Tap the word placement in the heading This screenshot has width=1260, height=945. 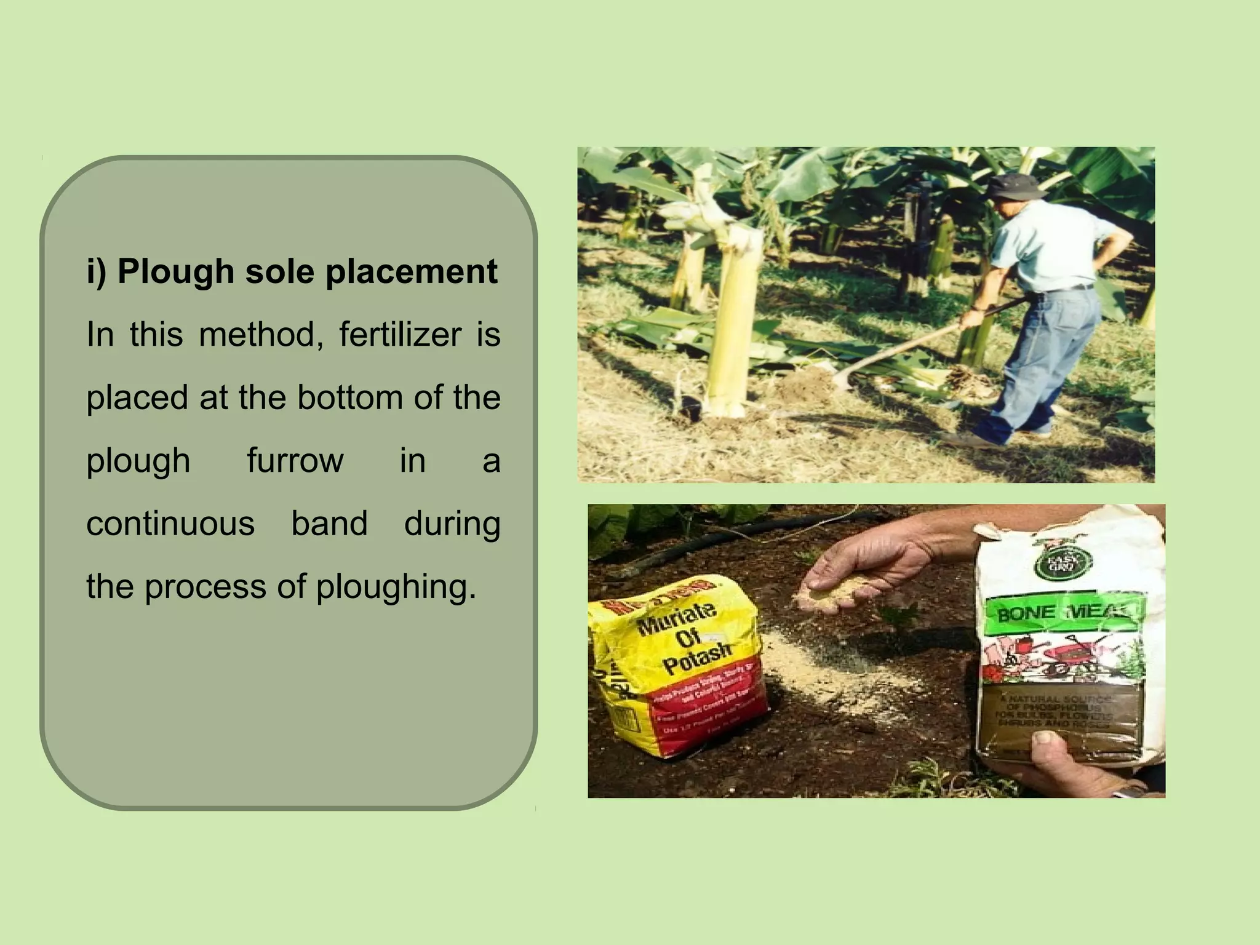(x=411, y=272)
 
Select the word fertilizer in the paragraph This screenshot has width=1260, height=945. (x=400, y=335)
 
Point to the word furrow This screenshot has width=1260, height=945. (x=295, y=461)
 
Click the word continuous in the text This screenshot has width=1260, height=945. (x=170, y=524)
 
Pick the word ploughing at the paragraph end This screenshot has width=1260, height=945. (x=396, y=587)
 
